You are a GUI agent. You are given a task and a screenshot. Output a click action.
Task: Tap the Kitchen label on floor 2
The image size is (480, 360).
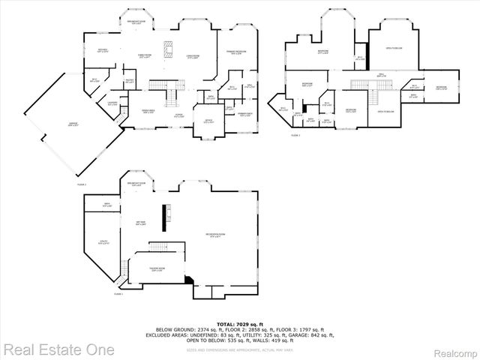[103, 50]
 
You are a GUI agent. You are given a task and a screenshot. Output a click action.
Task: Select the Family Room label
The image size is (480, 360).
[143, 55]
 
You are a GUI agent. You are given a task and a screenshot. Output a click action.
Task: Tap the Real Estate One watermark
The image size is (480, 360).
[58, 349]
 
